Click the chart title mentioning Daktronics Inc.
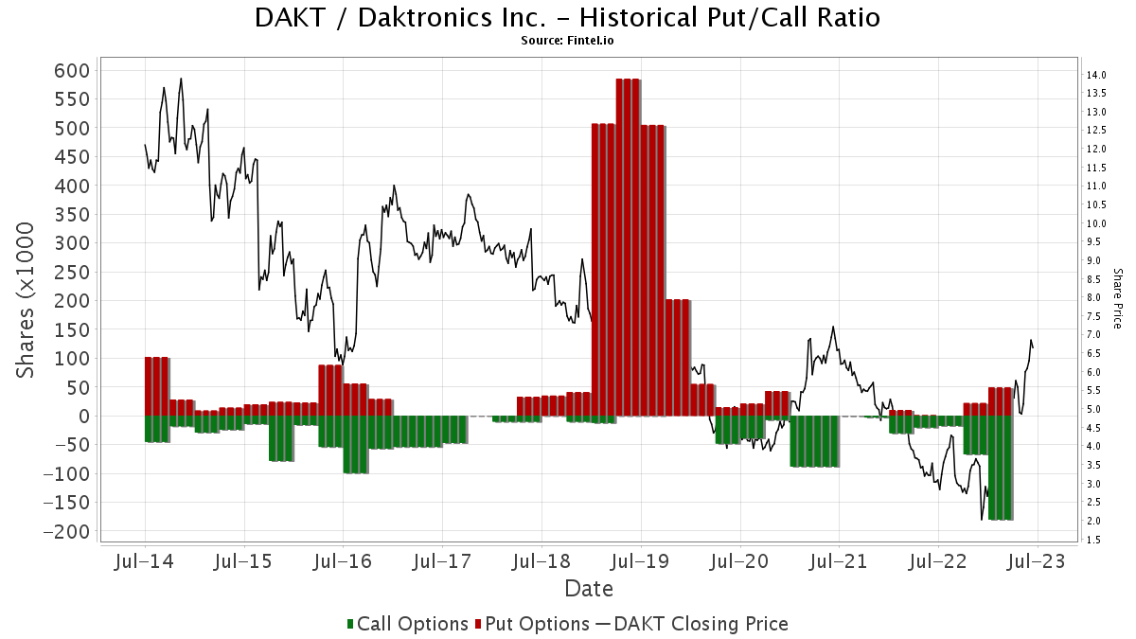[567, 17]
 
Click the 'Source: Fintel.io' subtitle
[567, 40]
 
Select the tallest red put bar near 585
[628, 246]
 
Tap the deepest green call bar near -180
[1001, 468]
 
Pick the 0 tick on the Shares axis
[83, 417]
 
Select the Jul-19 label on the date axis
[640, 560]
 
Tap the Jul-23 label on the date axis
[1037, 560]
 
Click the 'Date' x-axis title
[588, 589]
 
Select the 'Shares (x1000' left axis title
[27, 301]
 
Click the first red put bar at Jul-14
[156, 386]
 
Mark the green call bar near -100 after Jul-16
[356, 445]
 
